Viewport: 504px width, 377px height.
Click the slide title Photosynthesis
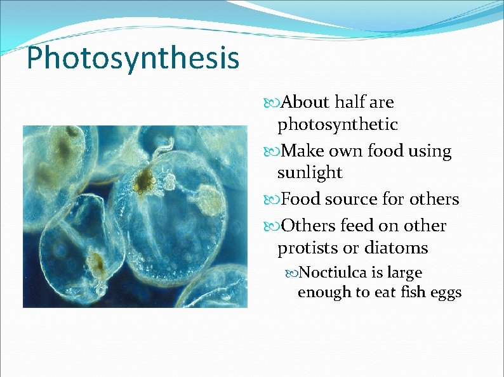pos(133,58)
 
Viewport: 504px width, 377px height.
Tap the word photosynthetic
pos(337,125)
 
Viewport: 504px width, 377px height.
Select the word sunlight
pos(310,172)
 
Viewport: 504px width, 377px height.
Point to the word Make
pos(302,151)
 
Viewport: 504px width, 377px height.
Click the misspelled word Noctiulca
pos(333,272)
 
